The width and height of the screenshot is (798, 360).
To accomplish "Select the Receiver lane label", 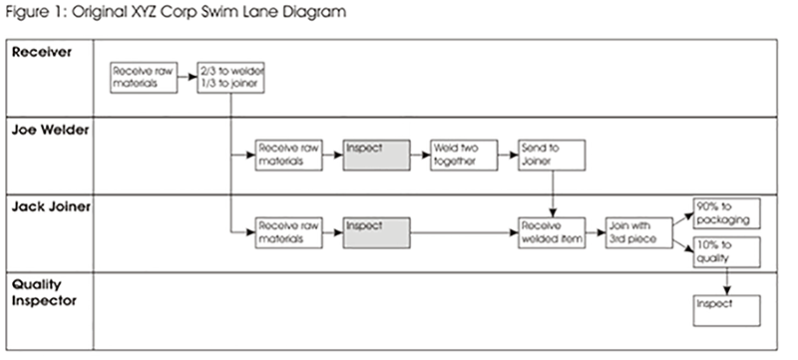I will pyautogui.click(x=41, y=52).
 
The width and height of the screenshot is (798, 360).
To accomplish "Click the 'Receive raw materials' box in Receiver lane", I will pyautogui.click(x=144, y=78).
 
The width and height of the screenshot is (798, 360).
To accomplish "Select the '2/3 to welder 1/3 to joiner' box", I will pyautogui.click(x=231, y=78).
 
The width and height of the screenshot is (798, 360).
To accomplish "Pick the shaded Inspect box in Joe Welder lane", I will pyautogui.click(x=377, y=155).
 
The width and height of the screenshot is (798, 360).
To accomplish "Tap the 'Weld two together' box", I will pyautogui.click(x=464, y=155).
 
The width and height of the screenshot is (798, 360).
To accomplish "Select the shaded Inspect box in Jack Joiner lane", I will pyautogui.click(x=377, y=231).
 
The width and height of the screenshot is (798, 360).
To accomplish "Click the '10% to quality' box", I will pyautogui.click(x=727, y=251).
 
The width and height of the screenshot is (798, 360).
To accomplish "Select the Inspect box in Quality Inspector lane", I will pyautogui.click(x=727, y=309).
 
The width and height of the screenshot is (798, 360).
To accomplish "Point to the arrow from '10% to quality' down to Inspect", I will pyautogui.click(x=727, y=280).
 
